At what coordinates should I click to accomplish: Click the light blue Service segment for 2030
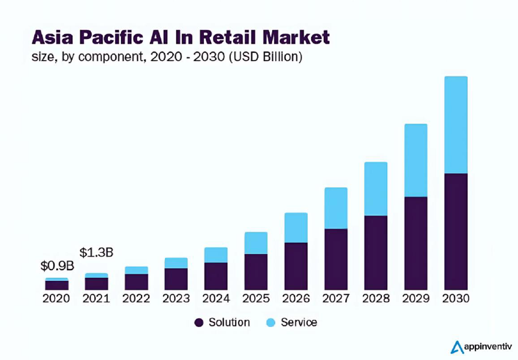(456, 125)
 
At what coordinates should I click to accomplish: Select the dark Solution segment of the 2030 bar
(456, 231)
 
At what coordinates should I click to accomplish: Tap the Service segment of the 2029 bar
(415, 160)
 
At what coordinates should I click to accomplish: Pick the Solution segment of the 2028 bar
(376, 252)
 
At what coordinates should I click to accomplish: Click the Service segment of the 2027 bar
(336, 208)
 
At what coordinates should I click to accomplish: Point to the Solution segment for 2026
(296, 266)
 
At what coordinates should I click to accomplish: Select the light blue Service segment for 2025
(256, 243)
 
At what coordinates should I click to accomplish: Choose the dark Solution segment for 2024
(216, 276)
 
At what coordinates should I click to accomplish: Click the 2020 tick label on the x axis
(56, 298)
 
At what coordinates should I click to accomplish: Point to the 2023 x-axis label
(176, 298)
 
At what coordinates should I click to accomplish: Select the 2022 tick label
(136, 298)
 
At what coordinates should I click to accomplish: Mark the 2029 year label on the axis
(415, 298)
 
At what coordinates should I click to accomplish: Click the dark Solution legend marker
(199, 323)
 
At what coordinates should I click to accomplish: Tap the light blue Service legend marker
(271, 323)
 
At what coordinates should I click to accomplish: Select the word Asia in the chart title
(51, 37)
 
